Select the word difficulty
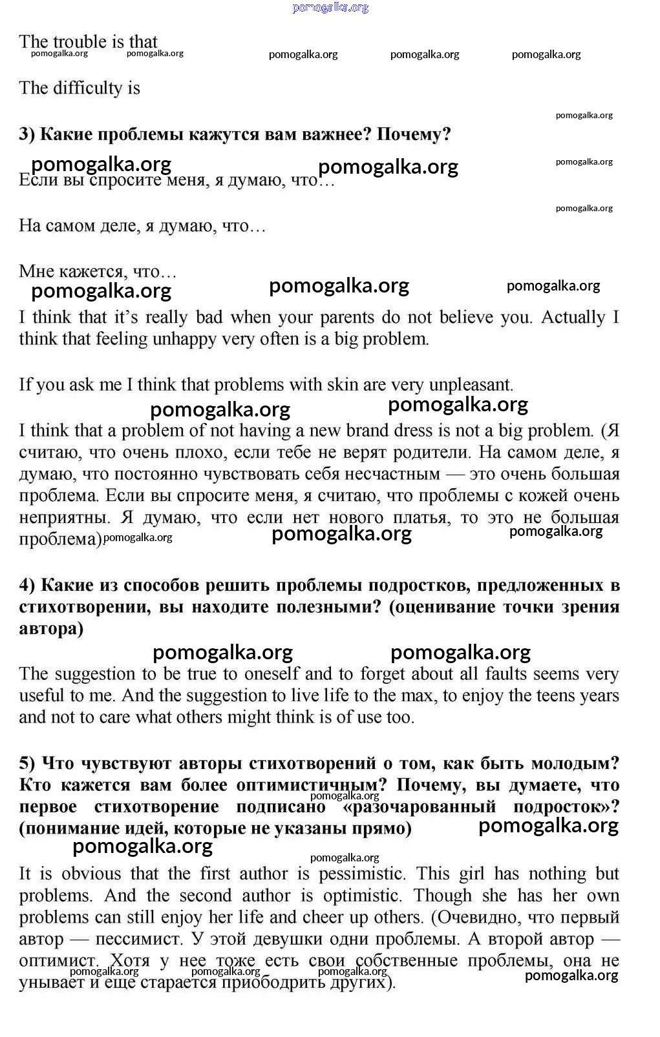tap(87, 88)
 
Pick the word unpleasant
tap(471, 385)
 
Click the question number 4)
tap(27, 585)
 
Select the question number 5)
tap(27, 763)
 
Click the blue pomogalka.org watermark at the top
tap(330, 7)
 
